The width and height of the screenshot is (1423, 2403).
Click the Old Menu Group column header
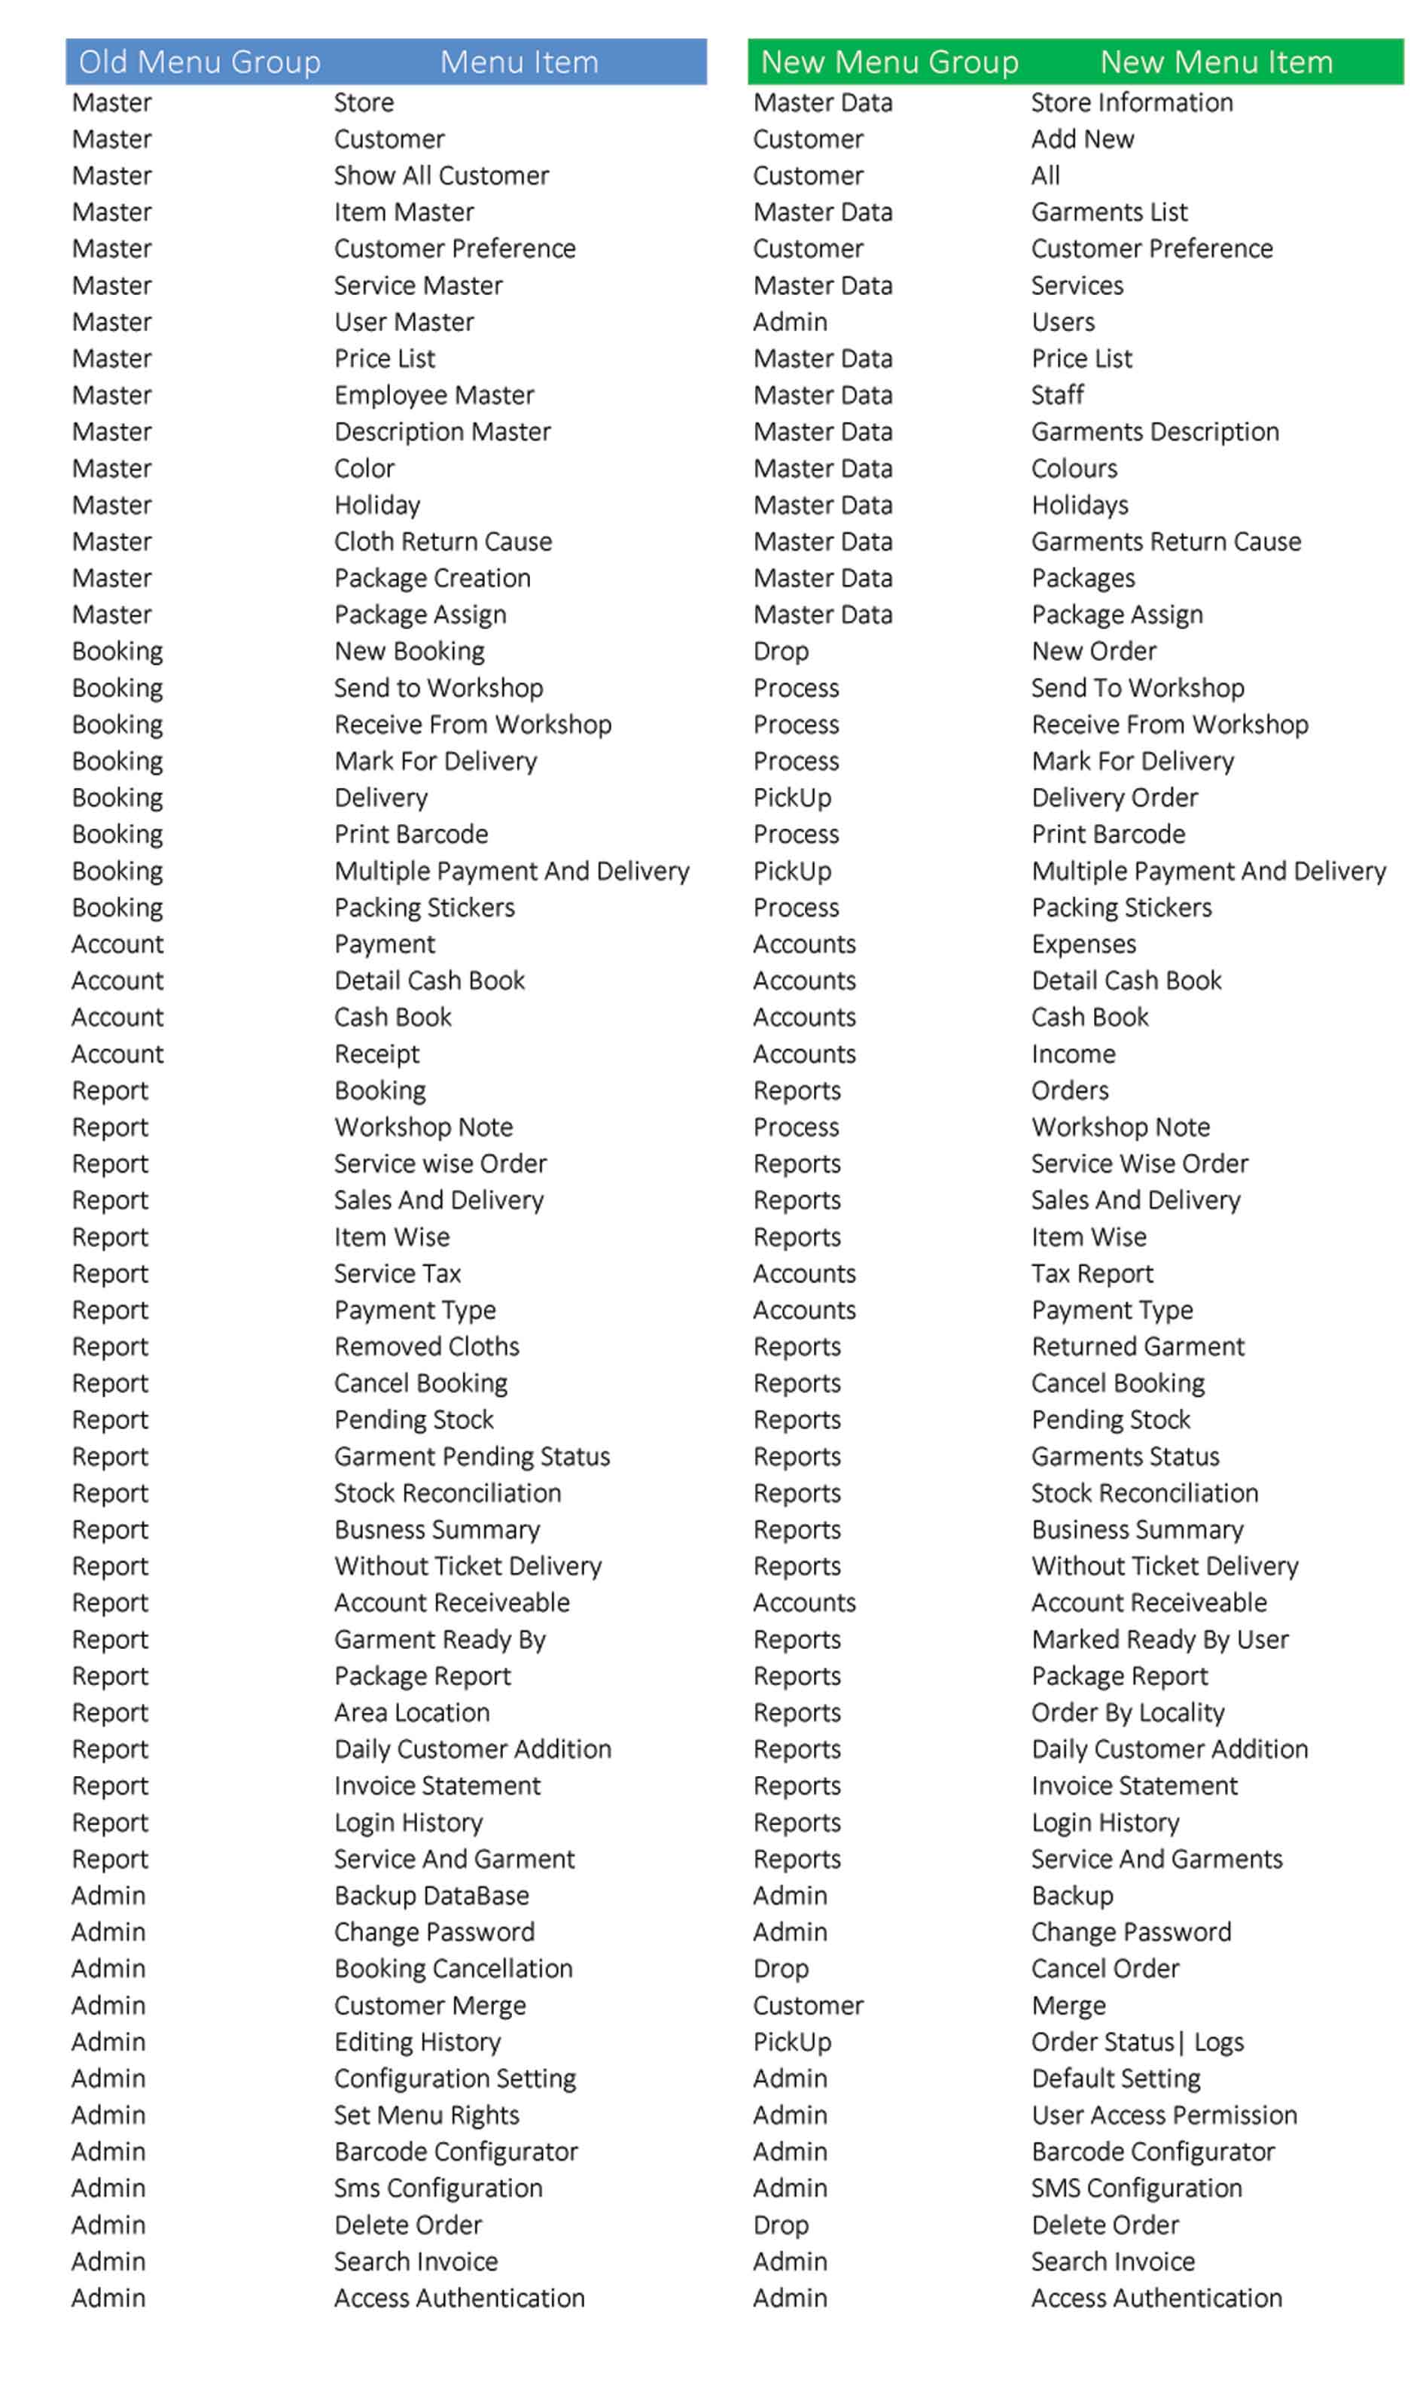(200, 62)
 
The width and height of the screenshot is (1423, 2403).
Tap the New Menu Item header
(1216, 62)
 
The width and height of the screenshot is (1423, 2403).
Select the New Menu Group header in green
(889, 62)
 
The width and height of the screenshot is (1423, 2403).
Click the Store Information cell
(1132, 102)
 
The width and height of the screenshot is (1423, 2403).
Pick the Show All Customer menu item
(441, 175)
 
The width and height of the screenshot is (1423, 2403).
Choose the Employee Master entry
(434, 395)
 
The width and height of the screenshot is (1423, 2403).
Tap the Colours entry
(1074, 469)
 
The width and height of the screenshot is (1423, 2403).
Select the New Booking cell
(410, 652)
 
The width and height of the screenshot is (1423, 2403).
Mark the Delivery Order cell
(1114, 798)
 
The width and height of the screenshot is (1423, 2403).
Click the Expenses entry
(1083, 944)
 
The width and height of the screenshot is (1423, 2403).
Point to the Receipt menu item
(377, 1054)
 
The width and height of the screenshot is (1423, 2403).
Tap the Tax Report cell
(1092, 1274)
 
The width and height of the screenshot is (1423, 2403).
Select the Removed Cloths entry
(427, 1346)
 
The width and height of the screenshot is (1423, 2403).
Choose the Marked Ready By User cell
(1159, 1640)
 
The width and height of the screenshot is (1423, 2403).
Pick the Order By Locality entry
(1128, 1713)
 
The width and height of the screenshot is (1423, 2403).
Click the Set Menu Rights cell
(427, 2116)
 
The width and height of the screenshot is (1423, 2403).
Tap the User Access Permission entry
(1164, 2116)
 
